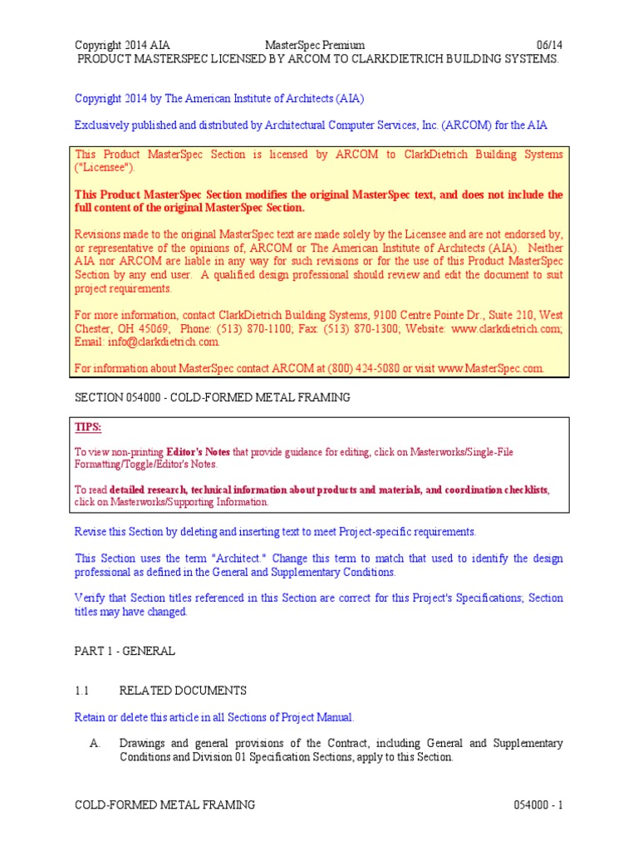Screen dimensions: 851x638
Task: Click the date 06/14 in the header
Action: pyautogui.click(x=551, y=45)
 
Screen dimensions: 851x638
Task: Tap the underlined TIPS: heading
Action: pyautogui.click(x=88, y=427)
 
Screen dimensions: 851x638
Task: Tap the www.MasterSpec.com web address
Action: pyautogui.click(x=490, y=368)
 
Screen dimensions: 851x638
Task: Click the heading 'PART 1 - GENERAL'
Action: pyautogui.click(x=125, y=651)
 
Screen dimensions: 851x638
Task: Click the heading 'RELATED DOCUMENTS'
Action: pyautogui.click(x=183, y=691)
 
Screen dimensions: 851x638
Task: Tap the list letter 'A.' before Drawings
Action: pyautogui.click(x=95, y=743)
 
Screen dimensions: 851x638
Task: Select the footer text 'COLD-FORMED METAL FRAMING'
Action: pyautogui.click(x=164, y=805)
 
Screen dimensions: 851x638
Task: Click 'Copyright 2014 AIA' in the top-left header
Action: pyautogui.click(x=123, y=45)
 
